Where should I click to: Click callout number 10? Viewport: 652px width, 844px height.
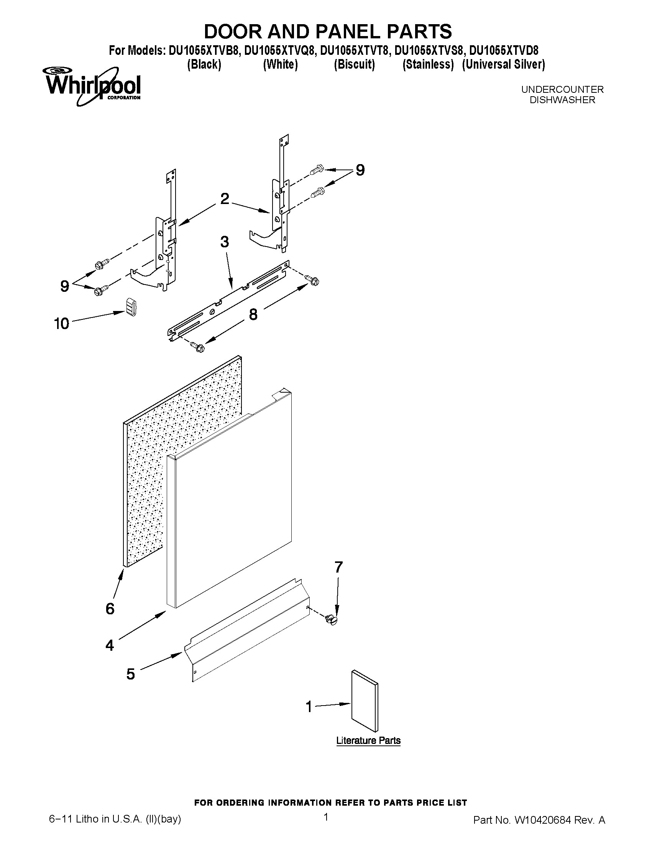click(61, 323)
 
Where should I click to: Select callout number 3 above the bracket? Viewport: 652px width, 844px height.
click(224, 242)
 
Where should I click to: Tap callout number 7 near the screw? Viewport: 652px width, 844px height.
click(338, 567)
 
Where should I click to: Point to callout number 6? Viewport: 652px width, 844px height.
click(110, 609)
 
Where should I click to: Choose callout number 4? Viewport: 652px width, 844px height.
click(110, 645)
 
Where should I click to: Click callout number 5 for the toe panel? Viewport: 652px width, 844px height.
click(131, 674)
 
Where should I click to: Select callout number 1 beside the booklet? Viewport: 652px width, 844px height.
click(309, 707)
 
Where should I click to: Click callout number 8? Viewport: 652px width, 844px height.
click(253, 314)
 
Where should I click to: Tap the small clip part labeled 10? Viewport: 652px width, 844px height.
click(132, 308)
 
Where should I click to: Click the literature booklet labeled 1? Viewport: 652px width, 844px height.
click(365, 702)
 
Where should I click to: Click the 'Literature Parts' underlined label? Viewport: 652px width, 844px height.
click(368, 740)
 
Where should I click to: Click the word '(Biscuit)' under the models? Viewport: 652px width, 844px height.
click(354, 64)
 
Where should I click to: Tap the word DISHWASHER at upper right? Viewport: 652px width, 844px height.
click(562, 100)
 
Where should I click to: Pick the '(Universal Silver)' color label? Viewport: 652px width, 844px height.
click(503, 64)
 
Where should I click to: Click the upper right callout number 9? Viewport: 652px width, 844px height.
click(360, 170)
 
